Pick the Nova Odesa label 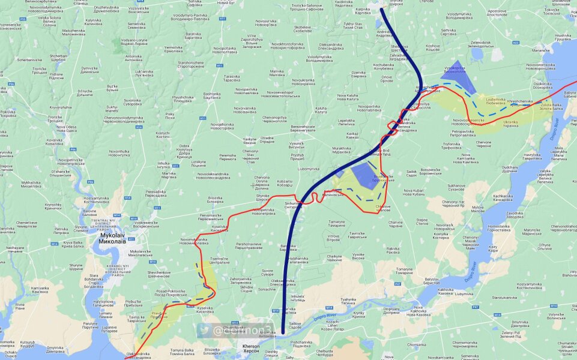pyautogui.click(x=67, y=129)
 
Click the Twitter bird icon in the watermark pyautogui.click(x=205, y=330)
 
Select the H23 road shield pyautogui.click(x=515, y=43)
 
